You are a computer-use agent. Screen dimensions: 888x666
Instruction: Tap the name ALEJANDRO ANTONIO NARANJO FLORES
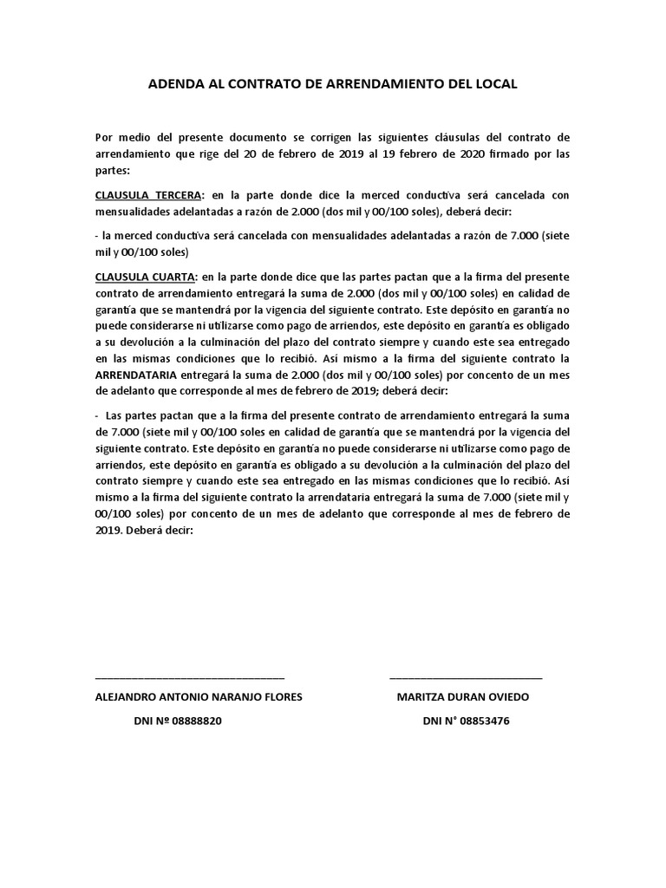point(199,697)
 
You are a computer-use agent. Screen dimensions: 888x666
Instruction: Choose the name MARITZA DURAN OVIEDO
point(462,697)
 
